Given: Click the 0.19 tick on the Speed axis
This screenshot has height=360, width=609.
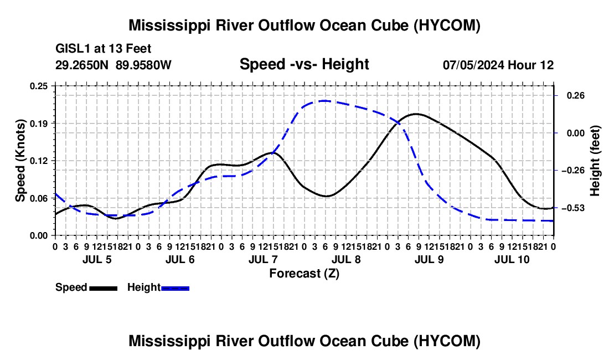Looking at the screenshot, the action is (39, 124).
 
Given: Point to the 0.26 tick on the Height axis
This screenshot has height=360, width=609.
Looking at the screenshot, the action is (576, 95).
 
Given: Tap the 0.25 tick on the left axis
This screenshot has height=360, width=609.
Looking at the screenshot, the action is (39, 86).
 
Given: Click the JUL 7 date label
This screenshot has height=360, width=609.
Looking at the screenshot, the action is (263, 259).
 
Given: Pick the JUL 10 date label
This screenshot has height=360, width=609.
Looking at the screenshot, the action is (512, 259).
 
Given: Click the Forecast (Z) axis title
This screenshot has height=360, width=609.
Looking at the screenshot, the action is (304, 274).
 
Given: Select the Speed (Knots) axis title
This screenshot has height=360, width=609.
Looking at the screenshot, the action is (20, 161).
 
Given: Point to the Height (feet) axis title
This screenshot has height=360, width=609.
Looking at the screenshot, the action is (595, 161).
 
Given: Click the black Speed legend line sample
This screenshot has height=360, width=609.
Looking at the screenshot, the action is (104, 288).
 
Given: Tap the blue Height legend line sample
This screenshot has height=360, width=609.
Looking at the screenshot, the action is (175, 288).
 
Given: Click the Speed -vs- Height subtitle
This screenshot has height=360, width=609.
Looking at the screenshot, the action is (304, 64).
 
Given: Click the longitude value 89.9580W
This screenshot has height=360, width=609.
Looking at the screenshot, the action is (143, 65).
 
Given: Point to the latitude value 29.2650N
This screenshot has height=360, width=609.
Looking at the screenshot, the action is (81, 65).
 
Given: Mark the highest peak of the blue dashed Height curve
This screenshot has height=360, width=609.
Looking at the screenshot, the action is (324, 101).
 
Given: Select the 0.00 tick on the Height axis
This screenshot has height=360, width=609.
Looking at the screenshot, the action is (576, 133).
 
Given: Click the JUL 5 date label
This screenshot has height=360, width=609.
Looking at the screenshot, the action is (97, 259).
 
